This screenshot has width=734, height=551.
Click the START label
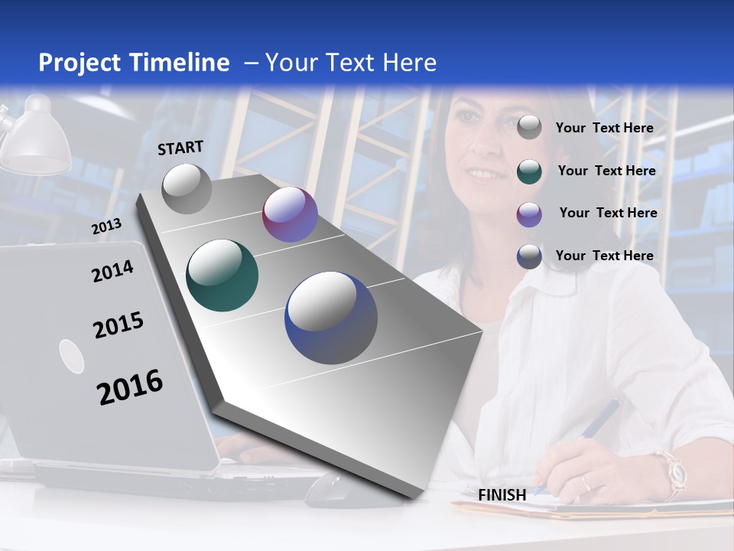[180, 148]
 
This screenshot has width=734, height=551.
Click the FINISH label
[502, 495]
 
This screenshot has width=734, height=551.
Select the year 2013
[106, 226]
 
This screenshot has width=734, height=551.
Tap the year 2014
[112, 271]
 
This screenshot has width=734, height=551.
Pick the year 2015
[118, 325]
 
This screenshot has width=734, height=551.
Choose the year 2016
[130, 386]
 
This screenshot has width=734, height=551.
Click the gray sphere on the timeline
[187, 188]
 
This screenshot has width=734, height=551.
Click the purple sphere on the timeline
[290, 214]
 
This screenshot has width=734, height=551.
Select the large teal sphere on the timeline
[222, 275]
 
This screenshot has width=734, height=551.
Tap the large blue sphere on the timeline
[331, 318]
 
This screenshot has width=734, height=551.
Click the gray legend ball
[529, 128]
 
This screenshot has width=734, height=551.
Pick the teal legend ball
[529, 171]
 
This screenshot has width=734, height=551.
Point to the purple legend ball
[529, 214]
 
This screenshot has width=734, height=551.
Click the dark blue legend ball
[529, 256]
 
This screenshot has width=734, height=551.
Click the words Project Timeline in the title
[134, 63]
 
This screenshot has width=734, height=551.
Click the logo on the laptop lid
[72, 357]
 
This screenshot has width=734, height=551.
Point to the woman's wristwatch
[673, 472]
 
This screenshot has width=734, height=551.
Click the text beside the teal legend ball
[606, 171]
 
